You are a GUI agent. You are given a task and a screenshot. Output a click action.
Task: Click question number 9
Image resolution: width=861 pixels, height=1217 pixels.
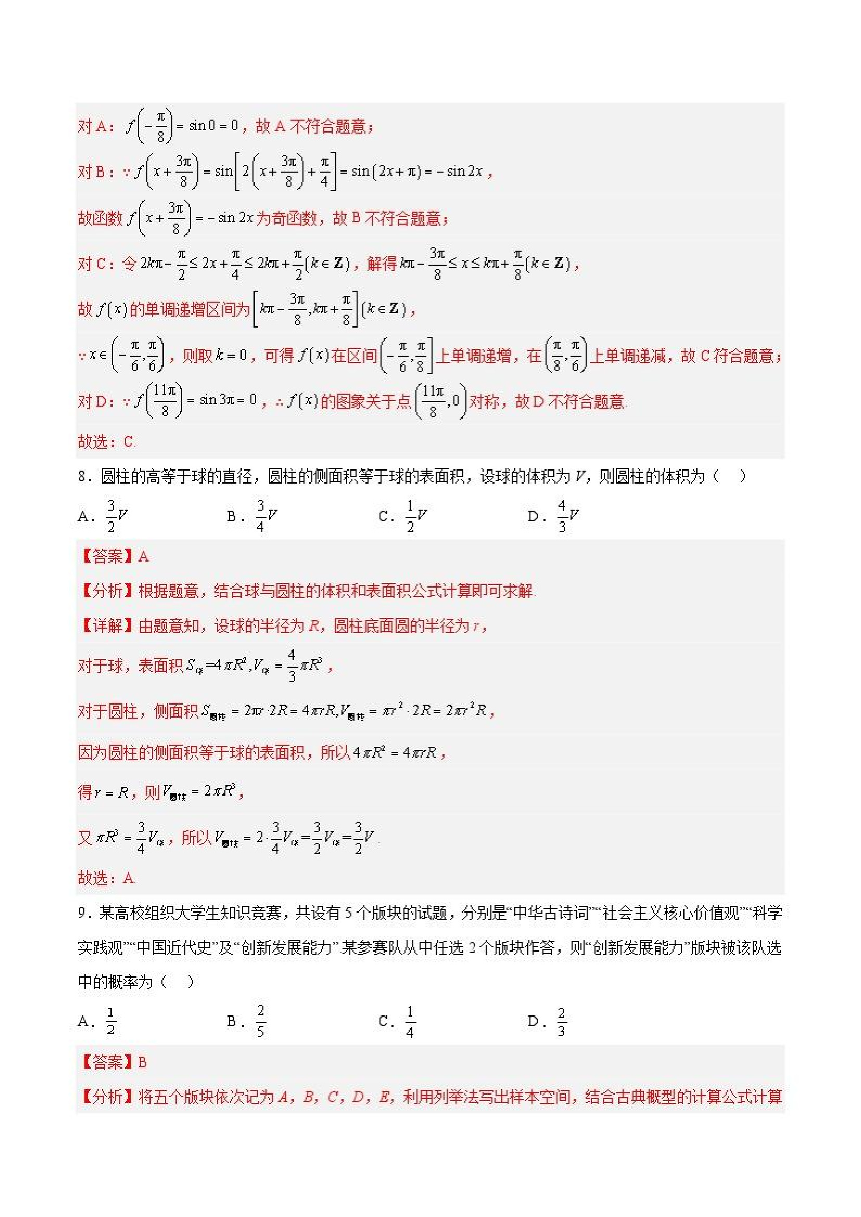[82, 913]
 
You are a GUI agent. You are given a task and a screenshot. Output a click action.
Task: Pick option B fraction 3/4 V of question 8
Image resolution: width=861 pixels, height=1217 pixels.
[267, 515]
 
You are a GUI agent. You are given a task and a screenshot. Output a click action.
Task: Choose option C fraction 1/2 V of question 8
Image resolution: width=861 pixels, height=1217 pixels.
[416, 515]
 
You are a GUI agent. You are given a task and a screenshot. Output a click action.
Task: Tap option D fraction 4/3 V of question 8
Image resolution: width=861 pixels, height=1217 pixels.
[567, 515]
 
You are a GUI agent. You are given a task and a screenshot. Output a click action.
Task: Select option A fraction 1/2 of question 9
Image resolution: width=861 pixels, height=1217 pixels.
[111, 1021]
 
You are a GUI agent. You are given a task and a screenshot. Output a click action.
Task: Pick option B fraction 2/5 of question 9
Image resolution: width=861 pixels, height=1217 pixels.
[260, 1021]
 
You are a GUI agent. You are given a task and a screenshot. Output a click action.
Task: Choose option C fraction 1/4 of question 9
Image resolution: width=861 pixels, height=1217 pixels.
[410, 1021]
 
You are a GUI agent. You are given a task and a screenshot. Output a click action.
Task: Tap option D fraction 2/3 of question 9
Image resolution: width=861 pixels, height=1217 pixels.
[561, 1021]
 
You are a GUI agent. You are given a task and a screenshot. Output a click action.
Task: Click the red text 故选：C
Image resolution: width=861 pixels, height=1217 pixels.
[107, 442]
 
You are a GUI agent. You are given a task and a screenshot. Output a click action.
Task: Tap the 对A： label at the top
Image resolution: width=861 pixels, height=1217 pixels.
[96, 126]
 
